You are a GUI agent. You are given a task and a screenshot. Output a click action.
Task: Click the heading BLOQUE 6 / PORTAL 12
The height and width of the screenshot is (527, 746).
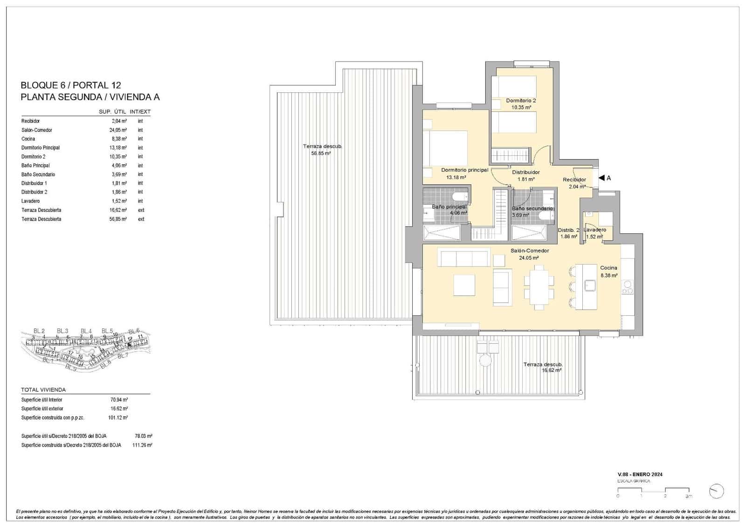[71, 85]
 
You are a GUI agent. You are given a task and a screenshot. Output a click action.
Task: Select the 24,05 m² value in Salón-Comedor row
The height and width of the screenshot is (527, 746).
[118, 130]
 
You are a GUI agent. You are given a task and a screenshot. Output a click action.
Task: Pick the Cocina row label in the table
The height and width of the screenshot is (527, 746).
[28, 139]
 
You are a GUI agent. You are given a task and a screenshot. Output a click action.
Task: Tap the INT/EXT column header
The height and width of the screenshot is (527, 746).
[140, 112]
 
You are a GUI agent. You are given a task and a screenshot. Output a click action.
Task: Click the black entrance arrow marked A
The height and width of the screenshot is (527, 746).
[601, 178]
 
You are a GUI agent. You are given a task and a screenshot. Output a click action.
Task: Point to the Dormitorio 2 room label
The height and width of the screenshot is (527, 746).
[521, 101]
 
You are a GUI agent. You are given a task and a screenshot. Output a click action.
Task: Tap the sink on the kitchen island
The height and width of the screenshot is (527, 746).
[590, 284]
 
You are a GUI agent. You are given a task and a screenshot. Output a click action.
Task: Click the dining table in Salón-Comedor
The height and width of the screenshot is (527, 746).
[539, 287]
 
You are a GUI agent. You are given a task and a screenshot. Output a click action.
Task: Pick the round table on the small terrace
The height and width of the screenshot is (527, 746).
[485, 361]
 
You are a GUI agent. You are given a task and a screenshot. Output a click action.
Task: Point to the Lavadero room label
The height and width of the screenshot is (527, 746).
[595, 230]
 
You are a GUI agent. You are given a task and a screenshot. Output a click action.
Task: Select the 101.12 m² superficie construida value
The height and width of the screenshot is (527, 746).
[118, 418]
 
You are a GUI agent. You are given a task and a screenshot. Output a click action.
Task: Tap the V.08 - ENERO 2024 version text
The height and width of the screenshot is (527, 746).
[640, 475]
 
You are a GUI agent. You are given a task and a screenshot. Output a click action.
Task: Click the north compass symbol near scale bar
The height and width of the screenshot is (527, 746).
[716, 491]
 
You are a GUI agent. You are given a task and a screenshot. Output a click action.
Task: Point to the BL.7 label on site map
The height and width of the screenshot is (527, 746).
[123, 356]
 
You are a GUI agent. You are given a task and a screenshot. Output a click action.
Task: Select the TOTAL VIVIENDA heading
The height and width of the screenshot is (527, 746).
[43, 390]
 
